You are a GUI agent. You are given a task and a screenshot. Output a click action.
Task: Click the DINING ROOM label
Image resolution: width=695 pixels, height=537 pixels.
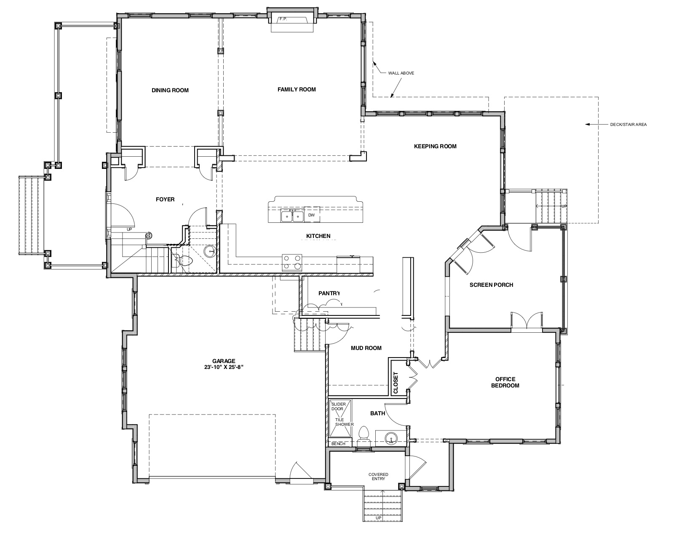pos(170,90)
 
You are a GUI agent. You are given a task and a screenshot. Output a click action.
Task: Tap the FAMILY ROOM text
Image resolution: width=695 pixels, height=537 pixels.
pos(297,90)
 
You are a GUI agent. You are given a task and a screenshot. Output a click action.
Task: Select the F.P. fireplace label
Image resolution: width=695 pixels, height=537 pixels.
pos(283,19)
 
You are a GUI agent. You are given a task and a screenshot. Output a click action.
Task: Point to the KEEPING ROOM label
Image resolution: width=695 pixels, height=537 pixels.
pos(435,147)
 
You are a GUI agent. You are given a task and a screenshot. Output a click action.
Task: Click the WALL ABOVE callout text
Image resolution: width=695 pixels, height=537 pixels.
pos(401,73)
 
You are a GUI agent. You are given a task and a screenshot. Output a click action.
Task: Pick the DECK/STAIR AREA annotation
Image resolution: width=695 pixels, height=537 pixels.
pos(628,124)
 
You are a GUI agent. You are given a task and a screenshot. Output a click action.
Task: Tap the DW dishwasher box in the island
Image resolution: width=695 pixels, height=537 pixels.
pos(312,215)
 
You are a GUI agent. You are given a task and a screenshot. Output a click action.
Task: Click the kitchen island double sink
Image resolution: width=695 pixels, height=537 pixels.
pos(292,216)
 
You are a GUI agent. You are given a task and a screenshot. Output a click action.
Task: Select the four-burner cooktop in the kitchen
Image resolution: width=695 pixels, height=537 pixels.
pos(291,262)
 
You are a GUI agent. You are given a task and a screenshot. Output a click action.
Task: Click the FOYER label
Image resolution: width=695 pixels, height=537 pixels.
pos(165,200)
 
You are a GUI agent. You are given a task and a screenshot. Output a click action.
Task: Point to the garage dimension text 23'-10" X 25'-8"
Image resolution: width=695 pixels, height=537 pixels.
pos(224,367)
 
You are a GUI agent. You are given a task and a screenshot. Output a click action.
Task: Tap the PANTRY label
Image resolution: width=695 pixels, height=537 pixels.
pos(329,293)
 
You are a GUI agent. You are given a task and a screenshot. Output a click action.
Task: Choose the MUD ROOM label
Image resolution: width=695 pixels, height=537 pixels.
pos(366,348)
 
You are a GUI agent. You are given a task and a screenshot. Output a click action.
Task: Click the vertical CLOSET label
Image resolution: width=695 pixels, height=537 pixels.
pos(396,382)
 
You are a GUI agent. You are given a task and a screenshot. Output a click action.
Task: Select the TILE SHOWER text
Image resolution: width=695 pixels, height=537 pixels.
pos(344,422)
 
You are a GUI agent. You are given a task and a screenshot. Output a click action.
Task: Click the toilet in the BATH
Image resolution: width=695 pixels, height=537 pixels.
pos(364,435)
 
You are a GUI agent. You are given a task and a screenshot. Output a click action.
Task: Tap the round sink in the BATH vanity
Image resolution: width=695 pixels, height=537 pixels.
pos(390,437)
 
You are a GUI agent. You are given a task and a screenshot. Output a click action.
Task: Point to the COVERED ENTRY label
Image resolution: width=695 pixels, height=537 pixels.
pos(378,476)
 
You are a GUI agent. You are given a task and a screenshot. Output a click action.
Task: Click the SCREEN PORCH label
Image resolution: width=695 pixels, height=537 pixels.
pos(491,285)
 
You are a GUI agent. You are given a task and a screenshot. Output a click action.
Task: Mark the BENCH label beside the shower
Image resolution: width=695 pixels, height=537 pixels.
pos(338,443)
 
